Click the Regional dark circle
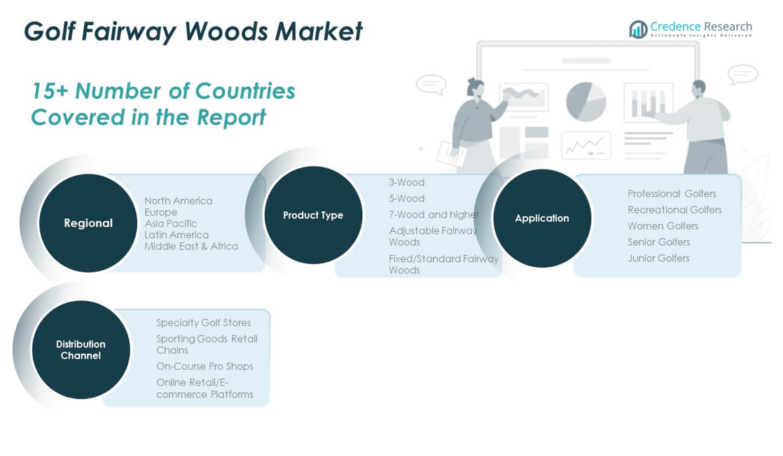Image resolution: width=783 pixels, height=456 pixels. pyautogui.click(x=88, y=223)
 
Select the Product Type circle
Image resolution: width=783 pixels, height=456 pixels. pyautogui.click(x=313, y=215)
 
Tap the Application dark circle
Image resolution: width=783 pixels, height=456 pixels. pyautogui.click(x=542, y=218)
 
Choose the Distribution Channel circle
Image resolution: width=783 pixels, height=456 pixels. pyautogui.click(x=81, y=350)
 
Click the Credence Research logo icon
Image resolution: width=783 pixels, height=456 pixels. pyautogui.click(x=638, y=29)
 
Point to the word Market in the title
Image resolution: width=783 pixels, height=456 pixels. pyautogui.click(x=319, y=32)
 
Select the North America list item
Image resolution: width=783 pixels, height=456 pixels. pyautogui.click(x=178, y=201)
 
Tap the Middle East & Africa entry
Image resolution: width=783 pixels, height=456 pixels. pyautogui.click(x=190, y=247)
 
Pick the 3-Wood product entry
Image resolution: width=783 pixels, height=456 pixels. pyautogui.click(x=406, y=183)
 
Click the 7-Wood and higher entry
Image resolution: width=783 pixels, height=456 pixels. pyautogui.click(x=434, y=215)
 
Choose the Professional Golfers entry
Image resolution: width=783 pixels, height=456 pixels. pyautogui.click(x=672, y=194)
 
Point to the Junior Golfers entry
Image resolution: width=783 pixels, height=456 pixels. pyautogui.click(x=658, y=258)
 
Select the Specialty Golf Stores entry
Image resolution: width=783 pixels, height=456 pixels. pyautogui.click(x=203, y=323)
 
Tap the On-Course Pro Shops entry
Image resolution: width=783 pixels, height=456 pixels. pyautogui.click(x=205, y=366)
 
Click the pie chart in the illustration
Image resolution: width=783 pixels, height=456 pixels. pyautogui.click(x=585, y=102)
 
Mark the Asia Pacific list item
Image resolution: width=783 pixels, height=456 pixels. pyautogui.click(x=170, y=223)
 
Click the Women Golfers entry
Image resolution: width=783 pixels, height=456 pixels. pyautogui.click(x=663, y=226)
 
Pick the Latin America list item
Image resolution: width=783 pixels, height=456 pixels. pyautogui.click(x=176, y=235)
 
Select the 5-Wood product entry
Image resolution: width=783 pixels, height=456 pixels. pyautogui.click(x=406, y=199)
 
